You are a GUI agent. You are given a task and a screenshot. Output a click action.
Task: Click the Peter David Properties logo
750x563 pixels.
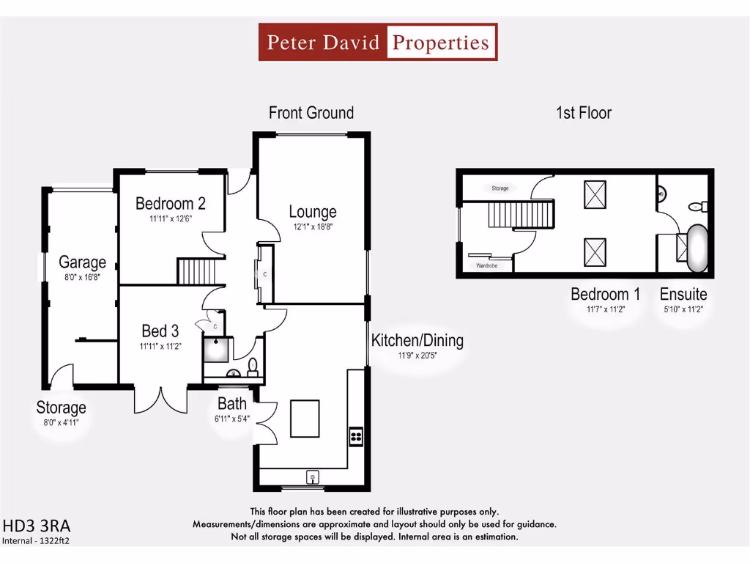[x=378, y=42]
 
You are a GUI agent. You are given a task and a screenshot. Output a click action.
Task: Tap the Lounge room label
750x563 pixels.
[x=313, y=212]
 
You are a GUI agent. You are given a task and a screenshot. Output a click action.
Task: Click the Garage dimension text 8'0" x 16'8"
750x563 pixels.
[x=82, y=277]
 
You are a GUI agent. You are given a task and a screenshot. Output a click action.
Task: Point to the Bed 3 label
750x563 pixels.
[x=160, y=330]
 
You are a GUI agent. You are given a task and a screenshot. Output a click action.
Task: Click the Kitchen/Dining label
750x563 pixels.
[x=417, y=340]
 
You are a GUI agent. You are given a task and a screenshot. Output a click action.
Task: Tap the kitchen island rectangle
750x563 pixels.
[x=304, y=418]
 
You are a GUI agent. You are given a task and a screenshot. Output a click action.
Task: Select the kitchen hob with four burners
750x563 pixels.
[x=356, y=436]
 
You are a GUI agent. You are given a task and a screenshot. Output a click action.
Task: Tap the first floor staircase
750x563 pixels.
[x=519, y=216]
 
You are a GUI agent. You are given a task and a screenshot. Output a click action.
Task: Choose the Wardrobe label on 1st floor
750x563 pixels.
[x=486, y=265]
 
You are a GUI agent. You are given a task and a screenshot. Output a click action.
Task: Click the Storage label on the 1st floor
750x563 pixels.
[x=500, y=188]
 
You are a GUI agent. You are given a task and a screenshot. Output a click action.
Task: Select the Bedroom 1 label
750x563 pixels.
[x=605, y=294]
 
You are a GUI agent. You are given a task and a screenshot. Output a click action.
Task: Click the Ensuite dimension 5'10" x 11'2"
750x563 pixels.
[x=683, y=309]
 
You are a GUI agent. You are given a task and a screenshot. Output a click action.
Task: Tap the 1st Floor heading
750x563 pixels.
[x=583, y=113]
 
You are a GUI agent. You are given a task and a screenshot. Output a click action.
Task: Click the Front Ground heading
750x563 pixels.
[x=311, y=113]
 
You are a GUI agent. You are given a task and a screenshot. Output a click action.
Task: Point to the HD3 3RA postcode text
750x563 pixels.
[x=37, y=526]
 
